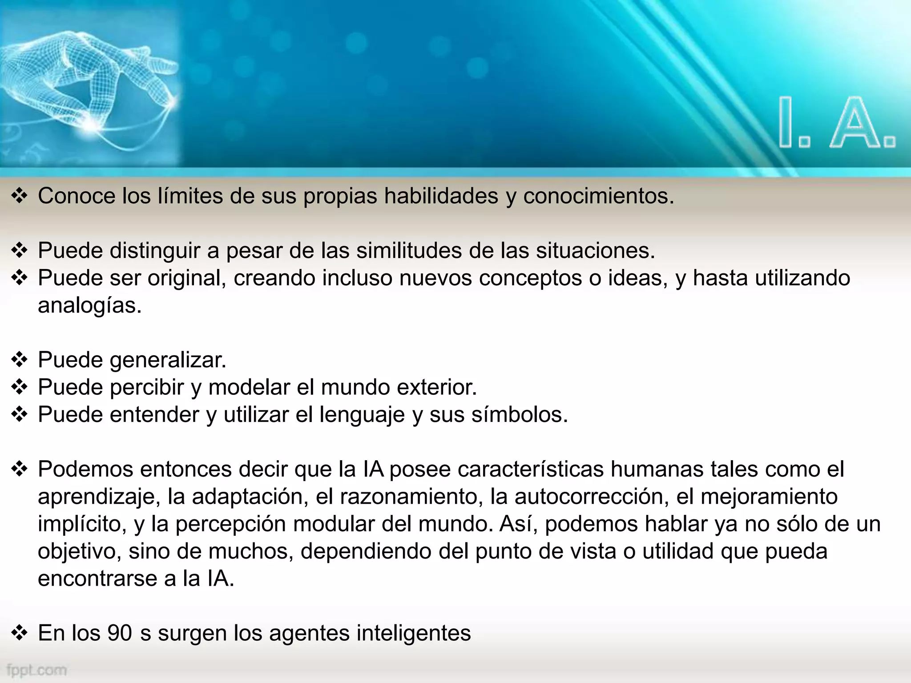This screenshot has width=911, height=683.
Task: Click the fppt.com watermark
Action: point(37,670)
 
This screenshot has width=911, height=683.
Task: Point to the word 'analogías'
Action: point(89,305)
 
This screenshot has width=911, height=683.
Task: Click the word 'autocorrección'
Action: point(591,496)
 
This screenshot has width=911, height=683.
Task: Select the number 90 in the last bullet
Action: point(119,633)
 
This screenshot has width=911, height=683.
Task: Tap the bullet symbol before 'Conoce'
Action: point(20,196)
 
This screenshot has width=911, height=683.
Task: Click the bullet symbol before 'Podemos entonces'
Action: point(20,469)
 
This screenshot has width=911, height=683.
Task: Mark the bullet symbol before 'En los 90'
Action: point(20,633)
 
